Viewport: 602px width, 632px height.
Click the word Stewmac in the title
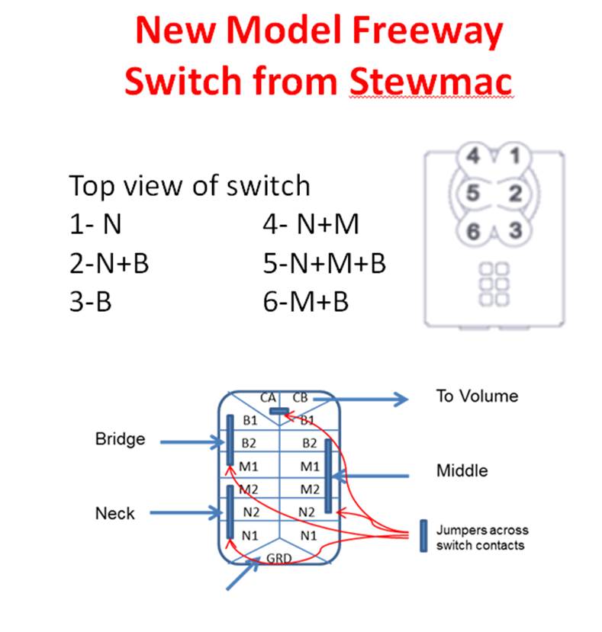point(431,81)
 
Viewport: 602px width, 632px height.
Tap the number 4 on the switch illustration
point(473,157)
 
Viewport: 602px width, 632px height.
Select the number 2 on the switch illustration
point(515,194)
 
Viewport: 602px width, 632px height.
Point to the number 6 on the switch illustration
point(474,230)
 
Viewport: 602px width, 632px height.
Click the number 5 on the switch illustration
point(472,194)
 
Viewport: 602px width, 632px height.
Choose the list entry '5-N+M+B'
point(324,264)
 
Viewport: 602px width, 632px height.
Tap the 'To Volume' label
point(477,396)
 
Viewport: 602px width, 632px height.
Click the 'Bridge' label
point(120,439)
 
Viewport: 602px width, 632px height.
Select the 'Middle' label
point(462,470)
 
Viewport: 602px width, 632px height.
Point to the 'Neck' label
point(114,513)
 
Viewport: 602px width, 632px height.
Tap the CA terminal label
point(268,397)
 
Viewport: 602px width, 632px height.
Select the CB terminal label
point(300,397)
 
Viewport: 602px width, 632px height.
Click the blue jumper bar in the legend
point(422,536)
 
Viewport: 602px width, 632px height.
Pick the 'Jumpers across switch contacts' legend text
point(481,537)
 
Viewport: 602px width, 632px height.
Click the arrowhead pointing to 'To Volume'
point(402,397)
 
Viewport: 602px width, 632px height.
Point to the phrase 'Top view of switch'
point(190,185)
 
